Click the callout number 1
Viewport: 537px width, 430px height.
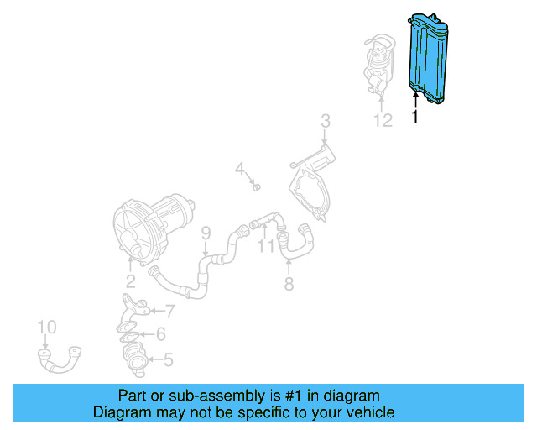[x=414, y=118]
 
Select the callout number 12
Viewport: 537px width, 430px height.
[x=383, y=121]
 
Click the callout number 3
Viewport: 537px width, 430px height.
[x=326, y=123]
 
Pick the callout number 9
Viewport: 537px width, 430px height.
[x=205, y=233]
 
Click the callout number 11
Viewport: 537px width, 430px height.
[x=266, y=247]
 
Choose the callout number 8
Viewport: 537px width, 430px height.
[x=289, y=285]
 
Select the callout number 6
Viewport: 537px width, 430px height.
[x=159, y=334]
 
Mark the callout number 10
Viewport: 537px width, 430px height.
[x=47, y=327]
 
